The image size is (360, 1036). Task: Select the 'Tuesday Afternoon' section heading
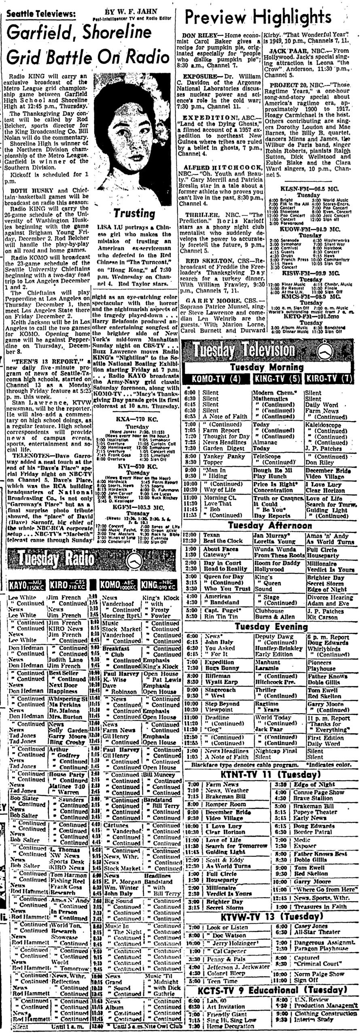point(269,525)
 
